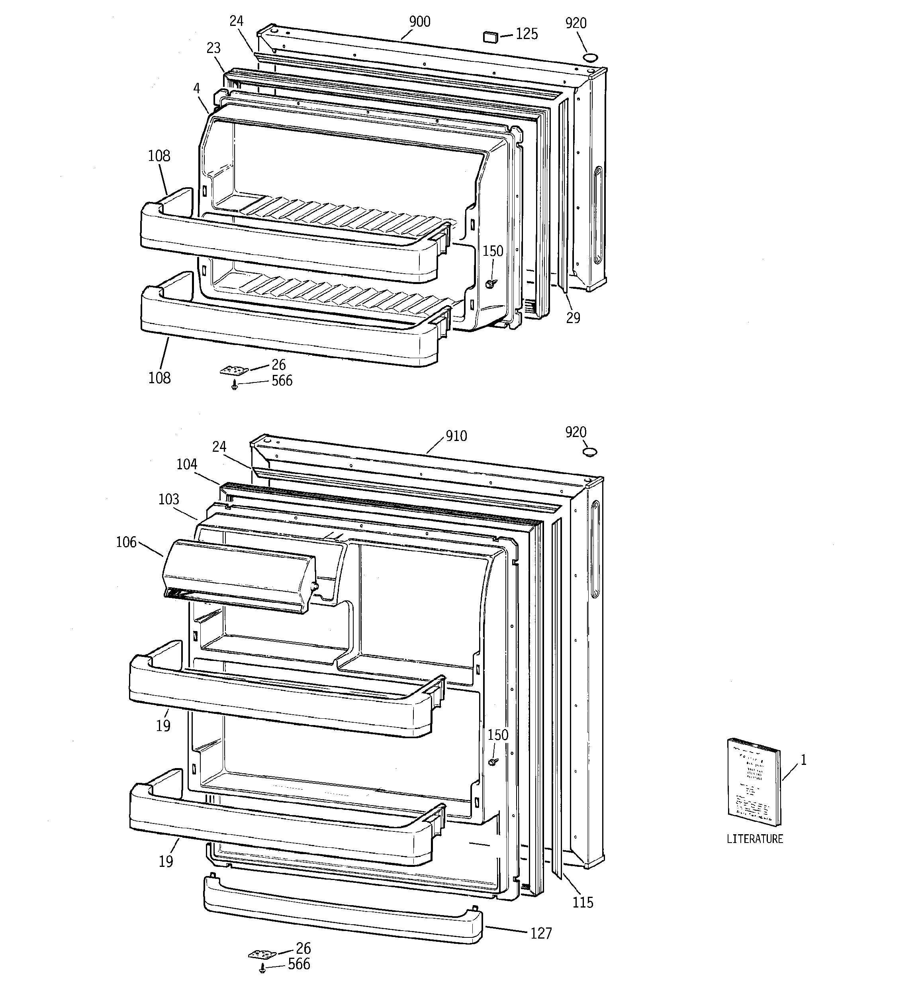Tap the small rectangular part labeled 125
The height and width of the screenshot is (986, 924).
click(491, 37)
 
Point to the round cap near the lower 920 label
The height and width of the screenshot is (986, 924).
click(590, 452)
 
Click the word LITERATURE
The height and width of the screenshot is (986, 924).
click(754, 839)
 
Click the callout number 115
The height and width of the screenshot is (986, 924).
click(582, 902)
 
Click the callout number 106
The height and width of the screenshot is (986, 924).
click(126, 542)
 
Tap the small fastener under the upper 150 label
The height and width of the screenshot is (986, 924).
click(491, 283)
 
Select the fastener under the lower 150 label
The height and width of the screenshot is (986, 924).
click(493, 761)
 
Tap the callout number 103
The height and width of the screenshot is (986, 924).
click(168, 499)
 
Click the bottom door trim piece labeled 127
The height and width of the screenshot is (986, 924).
click(342, 910)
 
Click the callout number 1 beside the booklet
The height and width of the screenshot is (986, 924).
click(803, 760)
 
